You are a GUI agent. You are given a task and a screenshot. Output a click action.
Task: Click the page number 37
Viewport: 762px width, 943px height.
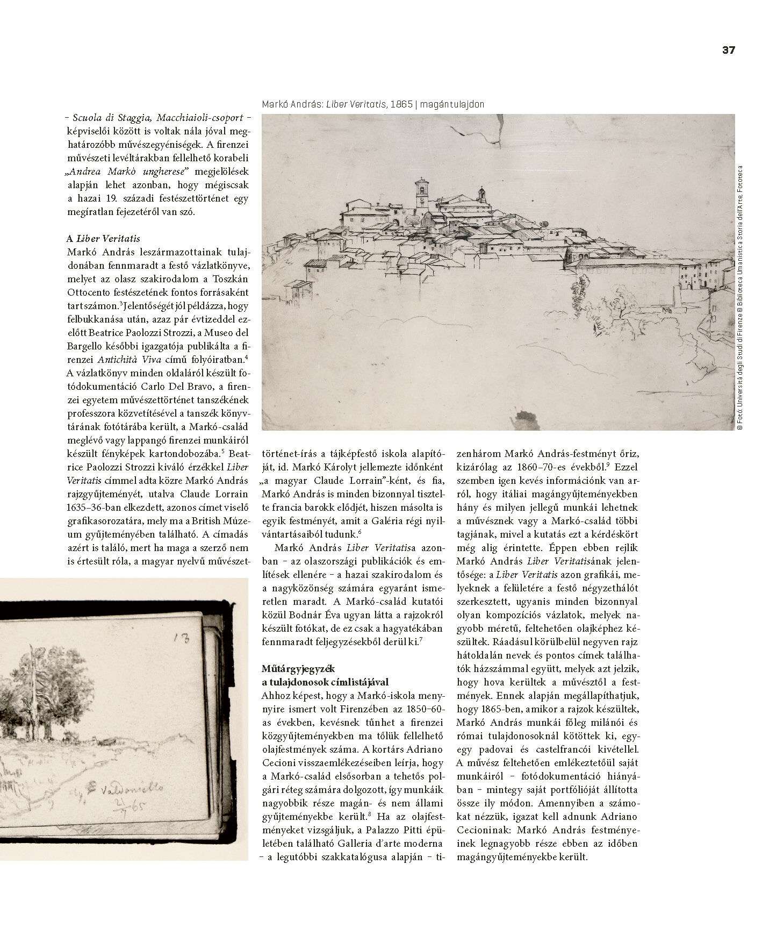[x=728, y=50]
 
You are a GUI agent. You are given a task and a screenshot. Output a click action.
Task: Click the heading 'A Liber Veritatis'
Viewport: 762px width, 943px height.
[x=103, y=239]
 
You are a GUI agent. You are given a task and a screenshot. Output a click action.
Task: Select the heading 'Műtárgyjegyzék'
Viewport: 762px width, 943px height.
[x=298, y=669]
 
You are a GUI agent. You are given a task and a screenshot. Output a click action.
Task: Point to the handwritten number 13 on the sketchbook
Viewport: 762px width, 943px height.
[x=183, y=638]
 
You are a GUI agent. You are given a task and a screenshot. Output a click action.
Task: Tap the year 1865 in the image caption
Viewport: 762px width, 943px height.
[x=401, y=104]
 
